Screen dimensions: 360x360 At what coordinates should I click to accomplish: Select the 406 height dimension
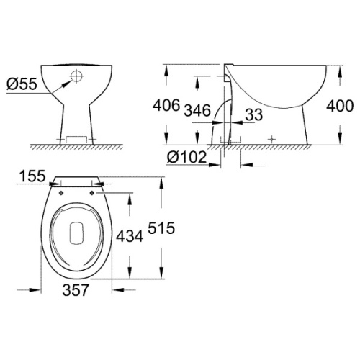tap(166, 107)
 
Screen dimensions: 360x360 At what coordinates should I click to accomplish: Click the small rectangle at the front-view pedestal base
tap(76, 138)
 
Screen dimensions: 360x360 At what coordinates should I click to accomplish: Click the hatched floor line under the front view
tap(76, 145)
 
